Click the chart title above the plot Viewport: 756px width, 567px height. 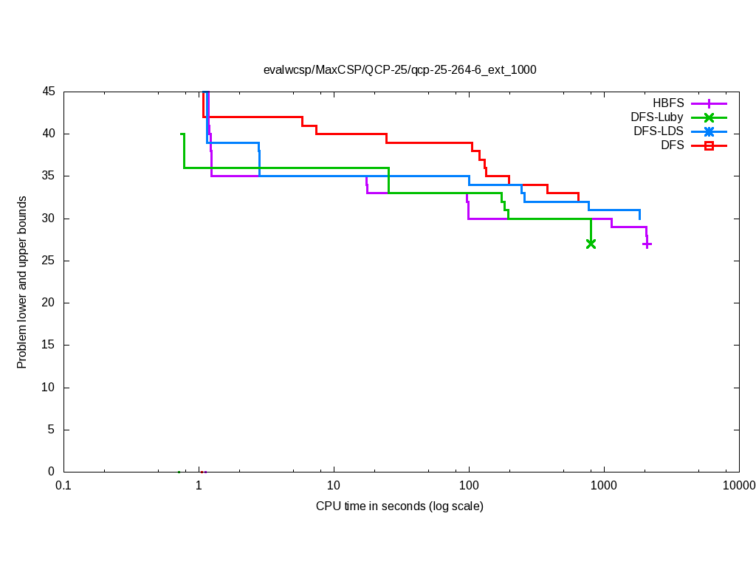click(x=399, y=70)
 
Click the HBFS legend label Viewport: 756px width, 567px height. click(x=668, y=103)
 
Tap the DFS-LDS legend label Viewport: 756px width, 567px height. click(x=659, y=131)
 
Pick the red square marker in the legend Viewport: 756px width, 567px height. click(x=709, y=145)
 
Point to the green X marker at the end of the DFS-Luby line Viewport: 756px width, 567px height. click(x=591, y=244)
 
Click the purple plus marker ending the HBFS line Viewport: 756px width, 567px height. click(x=647, y=244)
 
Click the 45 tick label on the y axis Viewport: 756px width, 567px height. click(x=49, y=92)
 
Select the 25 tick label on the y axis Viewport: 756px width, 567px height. click(x=49, y=261)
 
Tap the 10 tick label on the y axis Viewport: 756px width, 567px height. click(x=49, y=388)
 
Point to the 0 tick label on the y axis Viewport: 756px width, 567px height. click(x=52, y=472)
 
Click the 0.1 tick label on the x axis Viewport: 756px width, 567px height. click(x=63, y=485)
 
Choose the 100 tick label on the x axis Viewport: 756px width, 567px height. click(x=469, y=485)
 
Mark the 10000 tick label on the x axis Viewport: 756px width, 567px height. click(x=739, y=485)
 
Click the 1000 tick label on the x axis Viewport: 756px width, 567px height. click(x=604, y=485)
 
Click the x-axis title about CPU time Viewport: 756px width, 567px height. click(x=399, y=506)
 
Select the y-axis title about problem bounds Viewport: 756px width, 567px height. click(x=22, y=282)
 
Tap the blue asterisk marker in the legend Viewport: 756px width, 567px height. click(x=709, y=131)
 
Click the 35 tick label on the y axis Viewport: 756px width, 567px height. click(x=49, y=176)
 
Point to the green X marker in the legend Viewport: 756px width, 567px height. click(x=709, y=117)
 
